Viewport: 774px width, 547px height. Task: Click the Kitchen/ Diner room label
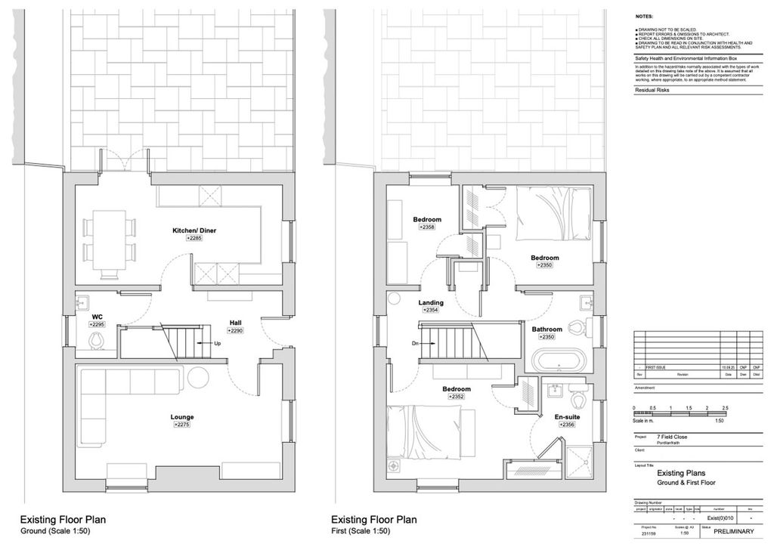(195, 230)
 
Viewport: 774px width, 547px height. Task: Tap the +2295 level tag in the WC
(96, 324)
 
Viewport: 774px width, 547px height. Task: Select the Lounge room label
(181, 416)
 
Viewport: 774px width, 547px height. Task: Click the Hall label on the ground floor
(235, 323)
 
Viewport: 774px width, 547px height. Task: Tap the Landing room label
(431, 302)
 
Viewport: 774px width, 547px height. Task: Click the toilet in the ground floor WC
(96, 341)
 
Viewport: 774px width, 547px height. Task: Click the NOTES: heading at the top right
(644, 15)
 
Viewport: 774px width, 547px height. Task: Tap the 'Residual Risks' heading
(652, 90)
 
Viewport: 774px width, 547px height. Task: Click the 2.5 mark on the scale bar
(724, 408)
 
